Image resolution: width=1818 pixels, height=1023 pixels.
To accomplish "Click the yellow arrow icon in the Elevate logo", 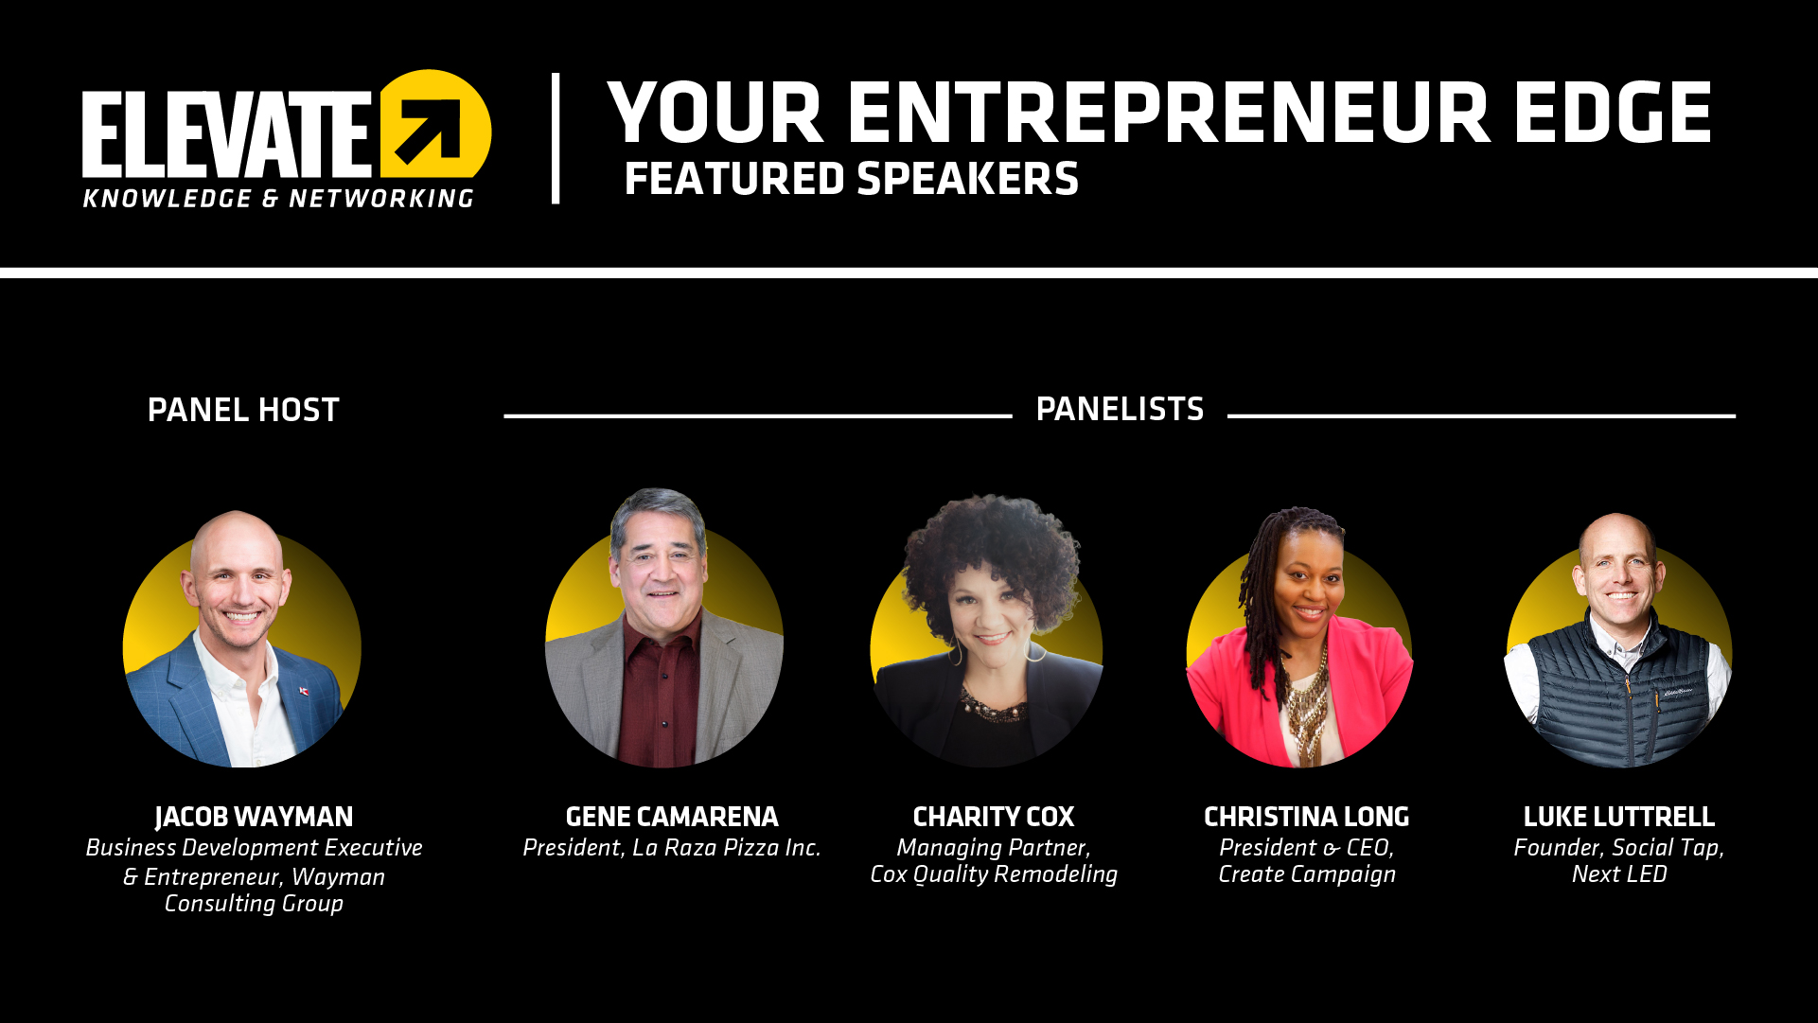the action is (x=435, y=123).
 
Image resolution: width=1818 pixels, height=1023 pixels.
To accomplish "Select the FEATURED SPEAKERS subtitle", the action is (x=852, y=179).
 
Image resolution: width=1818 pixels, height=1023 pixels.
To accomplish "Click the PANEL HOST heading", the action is (x=243, y=410).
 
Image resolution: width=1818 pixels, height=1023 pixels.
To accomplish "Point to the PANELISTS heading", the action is (x=1120, y=409).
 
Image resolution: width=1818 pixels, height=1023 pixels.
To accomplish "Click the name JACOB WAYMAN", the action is (x=254, y=817).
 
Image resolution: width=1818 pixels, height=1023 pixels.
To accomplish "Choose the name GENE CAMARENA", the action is (x=672, y=817).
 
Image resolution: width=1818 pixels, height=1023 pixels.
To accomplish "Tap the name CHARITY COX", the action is (x=994, y=817).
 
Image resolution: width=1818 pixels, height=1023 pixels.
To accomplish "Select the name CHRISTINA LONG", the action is (x=1307, y=817).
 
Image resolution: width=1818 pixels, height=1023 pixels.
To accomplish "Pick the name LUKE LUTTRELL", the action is (x=1619, y=817).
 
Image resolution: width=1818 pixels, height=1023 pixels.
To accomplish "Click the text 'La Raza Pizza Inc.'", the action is (x=726, y=848).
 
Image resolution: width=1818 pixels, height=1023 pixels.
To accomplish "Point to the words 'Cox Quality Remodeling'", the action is (x=994, y=874).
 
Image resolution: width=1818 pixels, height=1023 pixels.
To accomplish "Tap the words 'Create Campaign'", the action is (x=1307, y=874).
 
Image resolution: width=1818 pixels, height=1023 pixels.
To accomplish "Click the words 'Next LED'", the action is (x=1619, y=874).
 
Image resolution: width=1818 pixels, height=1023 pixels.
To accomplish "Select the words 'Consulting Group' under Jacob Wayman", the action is (x=254, y=904).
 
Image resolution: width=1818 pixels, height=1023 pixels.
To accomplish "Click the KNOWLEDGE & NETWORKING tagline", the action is (x=278, y=199).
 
